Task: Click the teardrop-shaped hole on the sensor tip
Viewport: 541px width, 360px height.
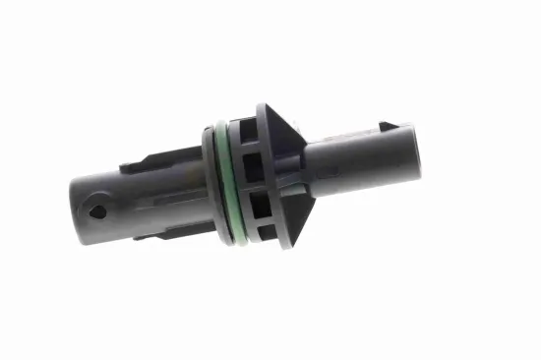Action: click(x=97, y=211)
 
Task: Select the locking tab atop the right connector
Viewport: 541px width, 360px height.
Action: click(x=390, y=130)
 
